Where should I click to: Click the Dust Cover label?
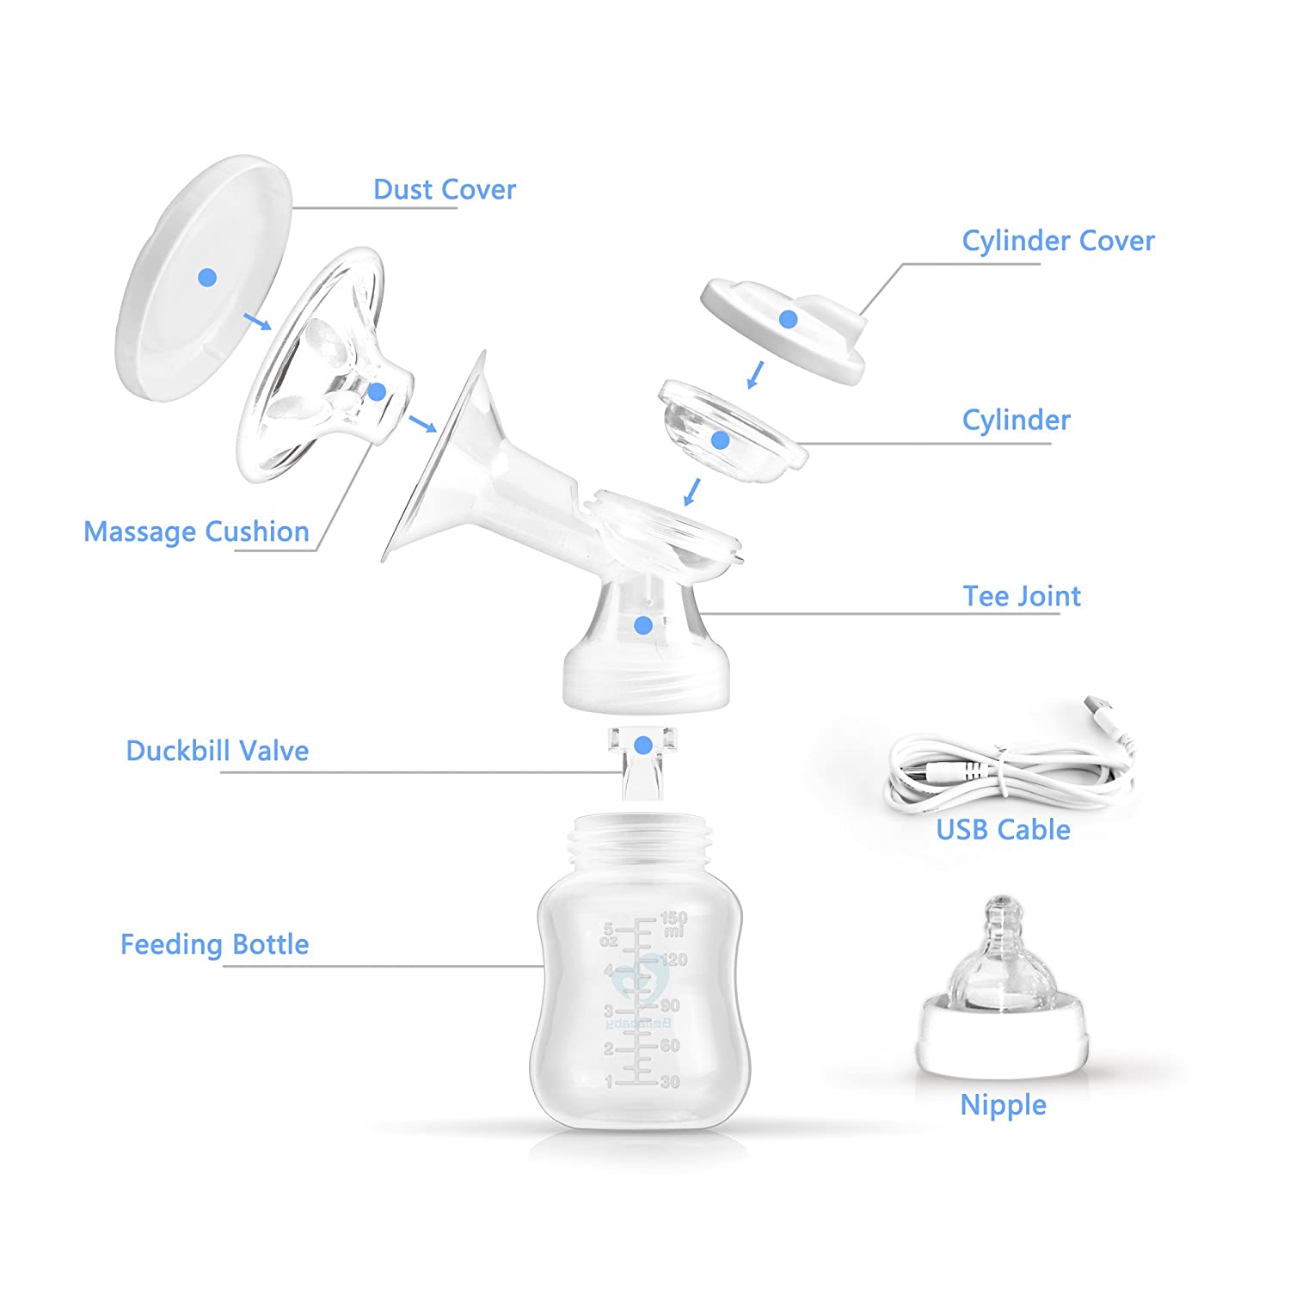click(x=444, y=189)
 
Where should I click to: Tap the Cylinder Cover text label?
click(x=1057, y=242)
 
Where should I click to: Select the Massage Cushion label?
click(x=196, y=531)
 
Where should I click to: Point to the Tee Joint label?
click(x=1021, y=596)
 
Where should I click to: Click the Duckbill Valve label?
click(x=217, y=751)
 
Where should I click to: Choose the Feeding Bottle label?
click(x=214, y=944)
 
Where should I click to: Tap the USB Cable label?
click(x=1003, y=830)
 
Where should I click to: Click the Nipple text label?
click(x=1003, y=1105)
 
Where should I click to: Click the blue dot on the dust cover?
click(x=207, y=277)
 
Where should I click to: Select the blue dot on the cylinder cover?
click(x=788, y=319)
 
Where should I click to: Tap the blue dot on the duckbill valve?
click(x=642, y=745)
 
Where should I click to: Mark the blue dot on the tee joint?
click(x=642, y=625)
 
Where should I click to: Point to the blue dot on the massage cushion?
click(x=377, y=392)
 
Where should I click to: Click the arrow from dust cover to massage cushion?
click(x=256, y=322)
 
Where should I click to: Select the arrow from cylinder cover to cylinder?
click(x=755, y=375)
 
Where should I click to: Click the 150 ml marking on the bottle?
click(x=673, y=924)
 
